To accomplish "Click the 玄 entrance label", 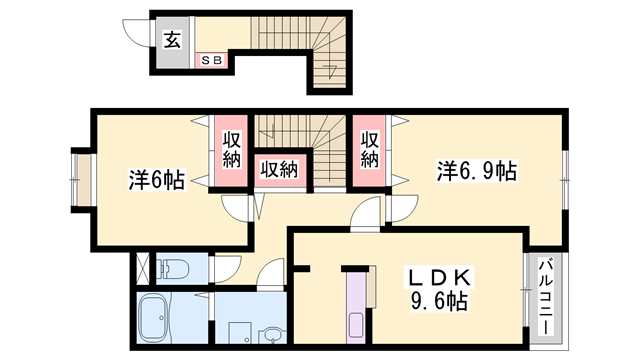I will [172, 41].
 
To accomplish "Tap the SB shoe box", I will [213, 60].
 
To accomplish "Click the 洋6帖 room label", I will [155, 180].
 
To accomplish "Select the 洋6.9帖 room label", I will [475, 170].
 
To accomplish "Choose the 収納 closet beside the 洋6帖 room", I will [230, 151].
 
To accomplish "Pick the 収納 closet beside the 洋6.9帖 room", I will [369, 151].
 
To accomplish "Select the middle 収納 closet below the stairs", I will [279, 170].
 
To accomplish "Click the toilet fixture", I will [174, 268].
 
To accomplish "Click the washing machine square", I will [238, 331].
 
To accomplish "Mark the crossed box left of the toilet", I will [143, 268].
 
